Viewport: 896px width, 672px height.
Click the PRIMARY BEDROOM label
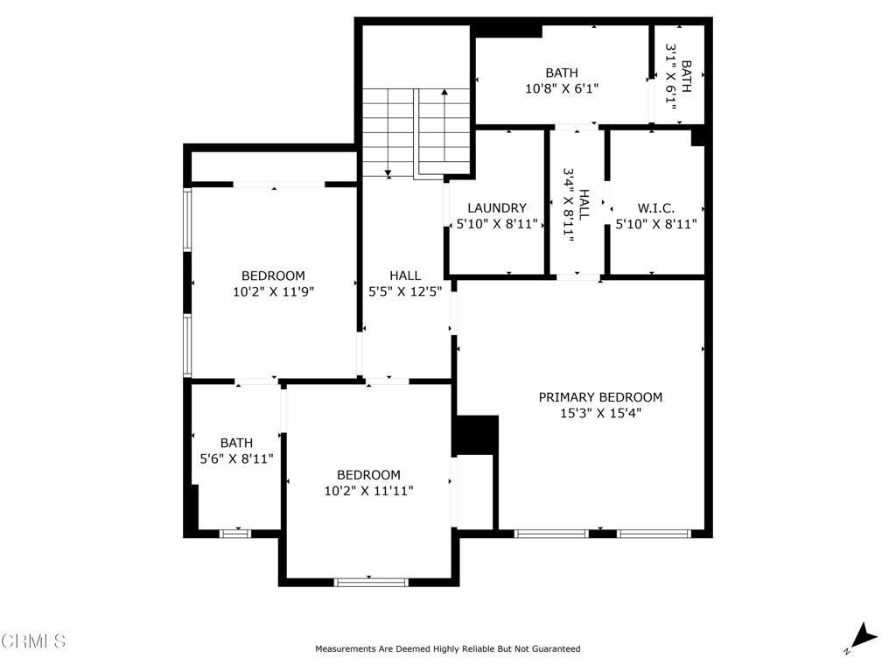click(x=600, y=397)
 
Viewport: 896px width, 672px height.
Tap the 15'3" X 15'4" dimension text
click(x=600, y=414)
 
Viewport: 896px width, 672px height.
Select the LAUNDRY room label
click(x=497, y=208)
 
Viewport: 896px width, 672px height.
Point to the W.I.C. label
click(x=655, y=208)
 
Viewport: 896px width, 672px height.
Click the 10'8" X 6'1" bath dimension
click(x=562, y=88)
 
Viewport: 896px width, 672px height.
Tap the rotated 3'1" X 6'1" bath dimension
click(x=671, y=76)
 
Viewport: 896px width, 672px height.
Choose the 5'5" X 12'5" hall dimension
click(x=404, y=292)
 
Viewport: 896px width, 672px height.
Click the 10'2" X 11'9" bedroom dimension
click(x=273, y=292)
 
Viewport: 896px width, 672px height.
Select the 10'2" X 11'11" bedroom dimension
click(x=368, y=491)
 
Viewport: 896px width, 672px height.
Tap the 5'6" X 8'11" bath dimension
click(x=236, y=458)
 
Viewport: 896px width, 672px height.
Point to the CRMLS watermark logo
click(x=33, y=641)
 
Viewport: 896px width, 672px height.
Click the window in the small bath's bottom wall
click(x=234, y=533)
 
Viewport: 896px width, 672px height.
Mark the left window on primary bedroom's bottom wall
click(x=551, y=533)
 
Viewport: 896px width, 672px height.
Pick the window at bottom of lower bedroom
click(x=372, y=581)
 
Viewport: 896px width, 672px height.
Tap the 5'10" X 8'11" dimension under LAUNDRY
click(x=497, y=224)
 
